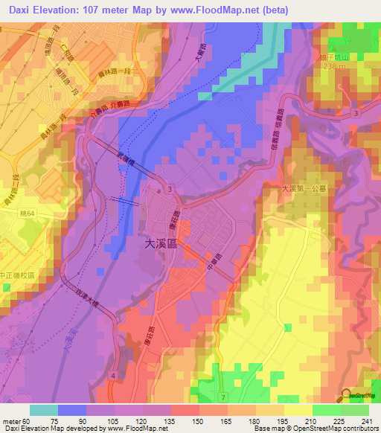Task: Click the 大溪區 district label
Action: [161, 243]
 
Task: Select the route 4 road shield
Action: [112, 377]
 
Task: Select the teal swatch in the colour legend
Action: [44, 410]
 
